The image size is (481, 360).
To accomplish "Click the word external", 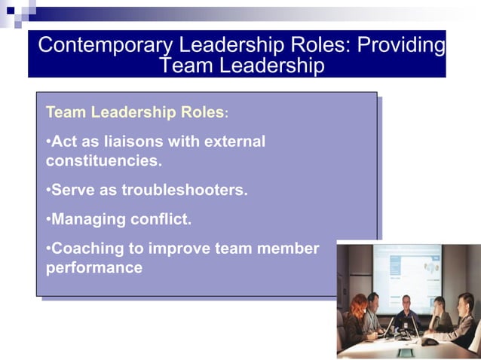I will point(233,141).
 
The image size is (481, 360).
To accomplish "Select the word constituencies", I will point(102,160).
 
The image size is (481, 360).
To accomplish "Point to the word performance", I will point(93,267).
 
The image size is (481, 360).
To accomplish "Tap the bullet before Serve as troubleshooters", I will point(47,190).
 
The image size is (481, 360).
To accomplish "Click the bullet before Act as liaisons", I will point(47,141).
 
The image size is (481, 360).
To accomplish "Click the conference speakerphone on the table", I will point(429,341).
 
